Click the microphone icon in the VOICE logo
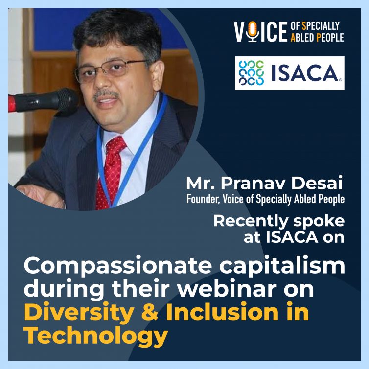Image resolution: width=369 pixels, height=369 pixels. click(253, 32)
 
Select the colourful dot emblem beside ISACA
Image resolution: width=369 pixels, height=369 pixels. click(251, 73)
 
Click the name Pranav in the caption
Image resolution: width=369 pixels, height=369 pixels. click(254, 183)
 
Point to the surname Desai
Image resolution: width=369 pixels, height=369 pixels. click(317, 183)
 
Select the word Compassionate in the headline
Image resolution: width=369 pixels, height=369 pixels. click(118, 266)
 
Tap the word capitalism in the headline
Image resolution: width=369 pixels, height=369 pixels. click(282, 266)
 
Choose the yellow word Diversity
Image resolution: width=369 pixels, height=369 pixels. click(79, 313)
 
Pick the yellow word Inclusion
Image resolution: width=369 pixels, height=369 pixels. click(222, 312)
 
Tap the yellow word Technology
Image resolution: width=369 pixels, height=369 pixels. click(96, 336)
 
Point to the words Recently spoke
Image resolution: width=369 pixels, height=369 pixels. click(279, 221)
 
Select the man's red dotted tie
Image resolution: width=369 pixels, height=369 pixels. click(111, 172)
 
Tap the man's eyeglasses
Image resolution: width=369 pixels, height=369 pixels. click(110, 70)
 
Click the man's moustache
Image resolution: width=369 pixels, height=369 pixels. click(106, 94)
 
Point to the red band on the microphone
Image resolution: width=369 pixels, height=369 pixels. click(12, 104)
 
